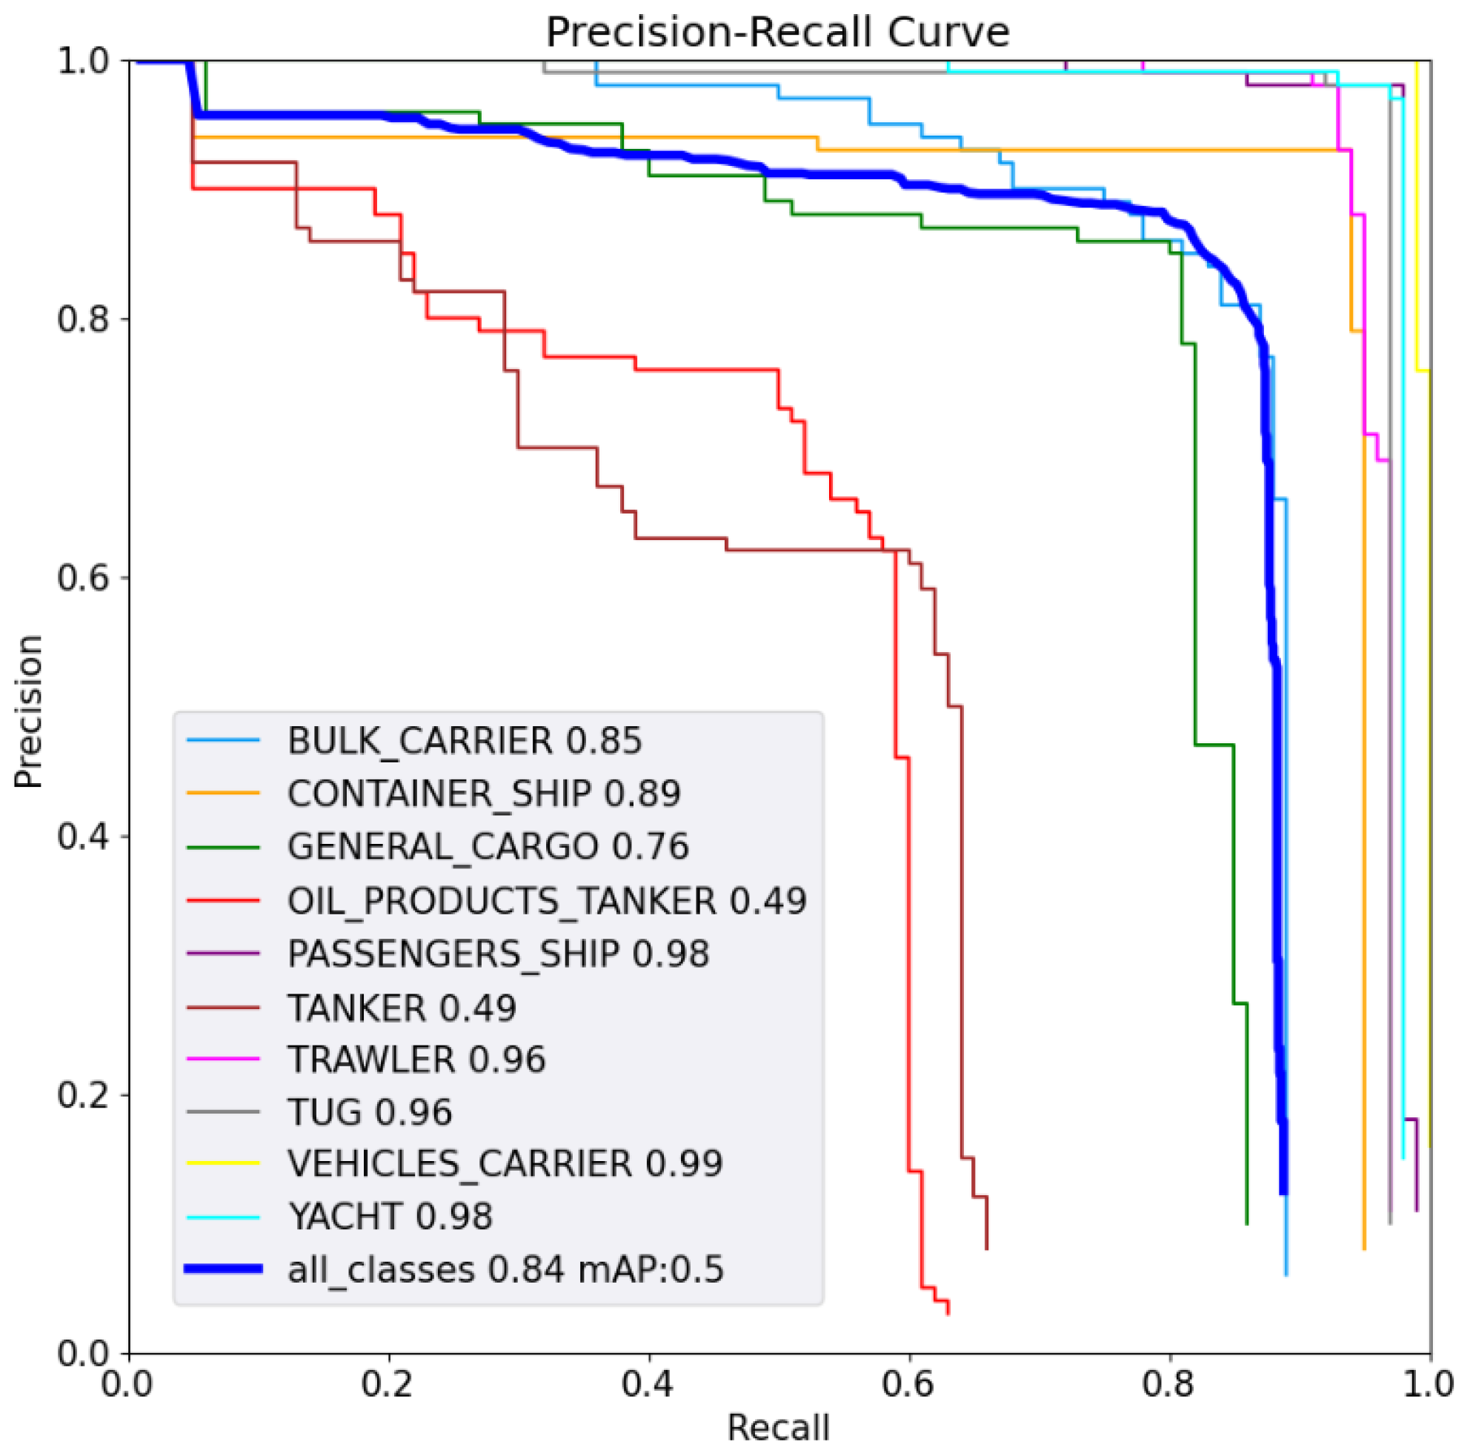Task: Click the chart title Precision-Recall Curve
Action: [x=778, y=32]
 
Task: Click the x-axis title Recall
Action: [x=778, y=1427]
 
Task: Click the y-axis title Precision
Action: [x=28, y=711]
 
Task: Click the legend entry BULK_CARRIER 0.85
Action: [x=464, y=740]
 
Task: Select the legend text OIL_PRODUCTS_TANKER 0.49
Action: [x=546, y=901]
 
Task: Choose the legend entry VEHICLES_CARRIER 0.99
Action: [x=505, y=1163]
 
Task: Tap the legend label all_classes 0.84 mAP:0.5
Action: [x=505, y=1269]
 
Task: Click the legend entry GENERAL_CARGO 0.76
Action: [x=488, y=847]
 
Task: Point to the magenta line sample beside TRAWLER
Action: [x=223, y=1059]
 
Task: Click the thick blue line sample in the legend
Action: [x=223, y=1269]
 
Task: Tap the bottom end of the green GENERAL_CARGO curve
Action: [x=1246, y=1223]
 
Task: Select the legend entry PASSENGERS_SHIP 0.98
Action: [x=498, y=954]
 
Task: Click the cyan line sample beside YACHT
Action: [x=223, y=1217]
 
